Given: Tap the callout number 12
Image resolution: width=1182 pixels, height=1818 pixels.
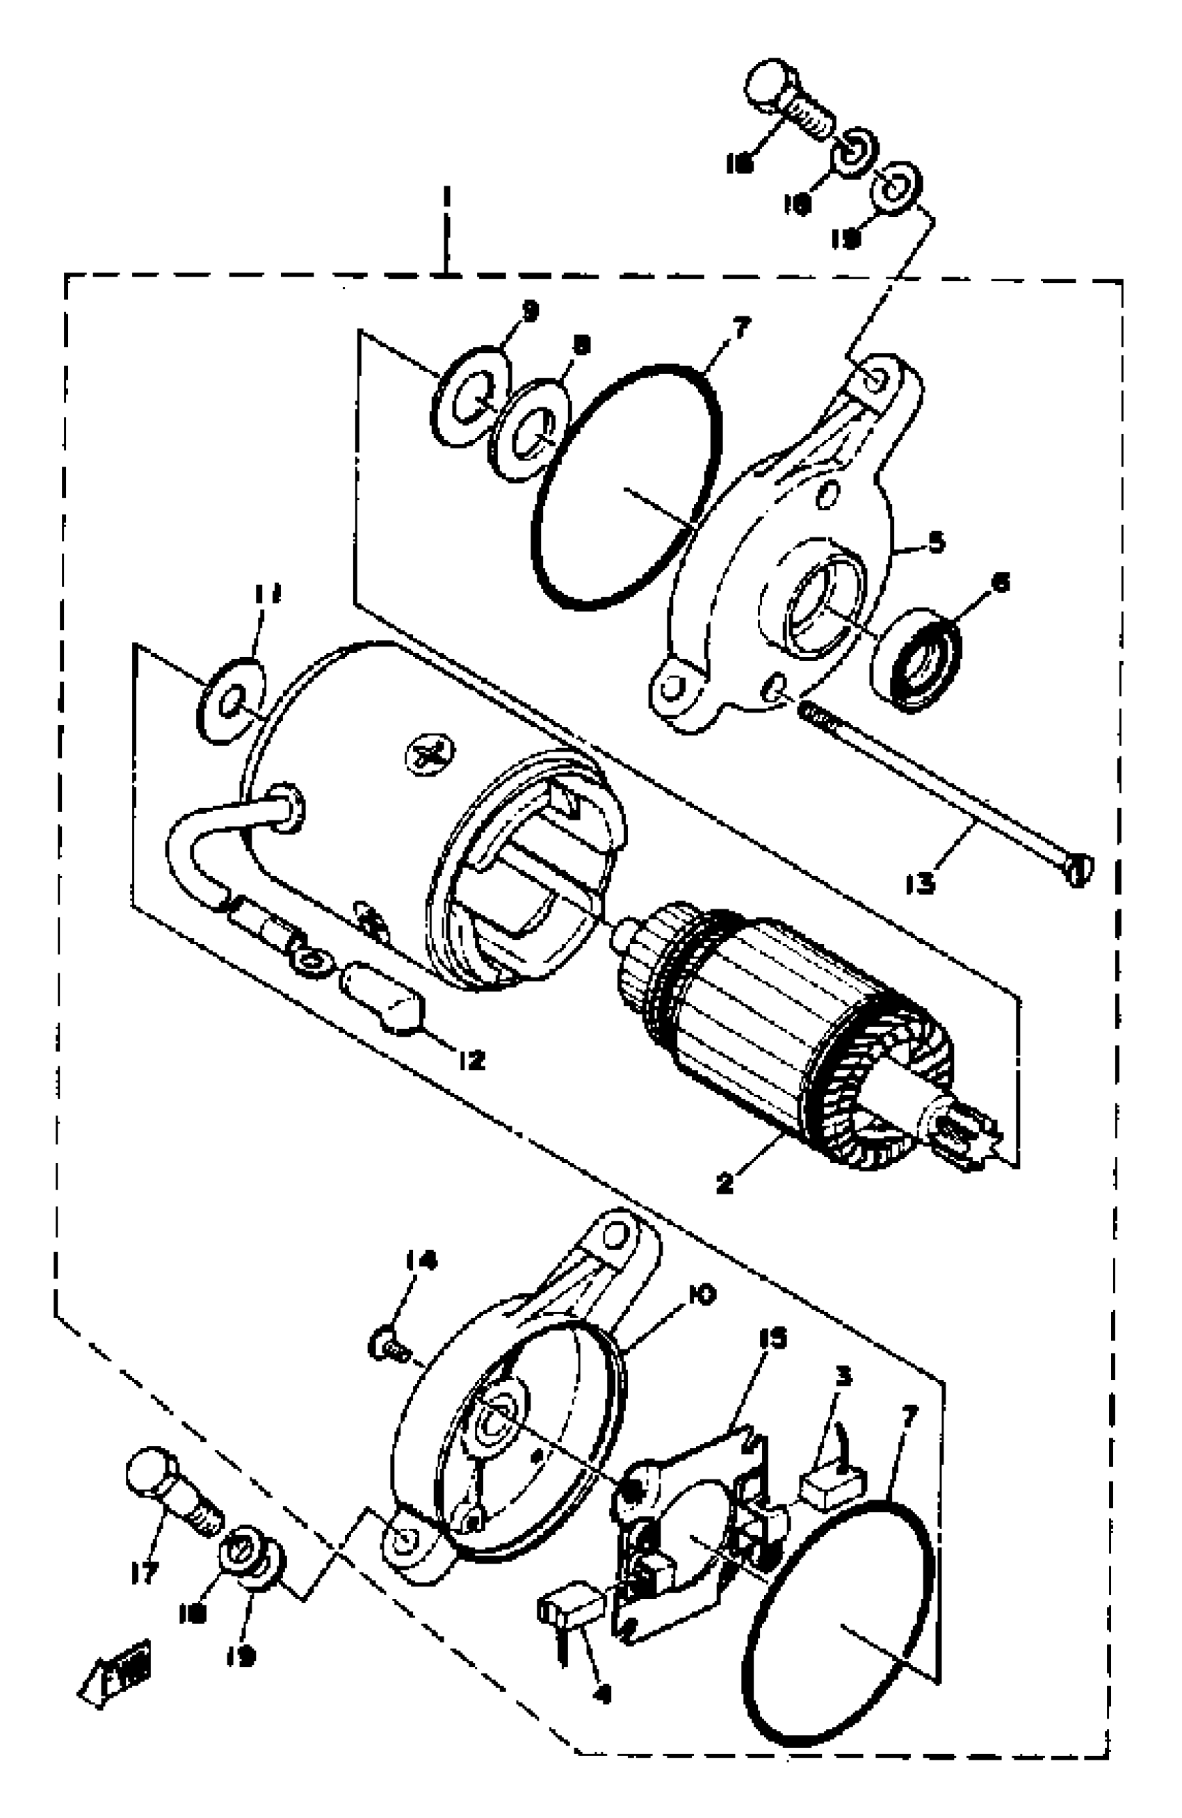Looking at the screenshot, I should tap(471, 1060).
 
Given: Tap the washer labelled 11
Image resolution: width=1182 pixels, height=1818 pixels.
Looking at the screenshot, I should tap(231, 701).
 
